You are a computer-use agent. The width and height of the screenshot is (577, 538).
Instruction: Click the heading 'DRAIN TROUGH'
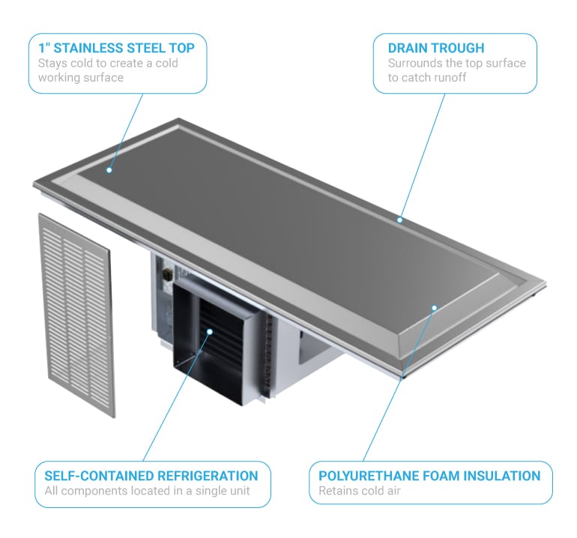pyautogui.click(x=436, y=48)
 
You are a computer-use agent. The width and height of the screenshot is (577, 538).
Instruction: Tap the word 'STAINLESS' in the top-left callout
pyautogui.click(x=88, y=48)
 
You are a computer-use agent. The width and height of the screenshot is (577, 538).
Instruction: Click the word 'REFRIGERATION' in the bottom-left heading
pyautogui.click(x=208, y=476)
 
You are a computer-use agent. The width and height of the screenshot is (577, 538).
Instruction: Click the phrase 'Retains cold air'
pyautogui.click(x=360, y=491)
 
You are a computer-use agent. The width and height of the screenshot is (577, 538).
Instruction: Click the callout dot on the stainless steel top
pyautogui.click(x=109, y=170)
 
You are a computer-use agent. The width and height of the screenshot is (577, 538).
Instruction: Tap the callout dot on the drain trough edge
pyautogui.click(x=400, y=220)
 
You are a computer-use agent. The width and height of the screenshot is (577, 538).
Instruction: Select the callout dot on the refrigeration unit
pyautogui.click(x=210, y=332)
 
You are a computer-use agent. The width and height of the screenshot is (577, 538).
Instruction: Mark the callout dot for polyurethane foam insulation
pyautogui.click(x=434, y=308)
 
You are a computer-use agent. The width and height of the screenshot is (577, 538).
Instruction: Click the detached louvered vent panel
pyautogui.click(x=76, y=315)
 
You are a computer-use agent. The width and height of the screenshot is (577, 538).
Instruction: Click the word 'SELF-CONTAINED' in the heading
pyautogui.click(x=99, y=476)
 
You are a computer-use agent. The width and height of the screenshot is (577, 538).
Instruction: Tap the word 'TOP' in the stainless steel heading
pyautogui.click(x=182, y=48)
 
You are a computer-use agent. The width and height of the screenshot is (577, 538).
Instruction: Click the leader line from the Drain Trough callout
pyautogui.click(x=423, y=157)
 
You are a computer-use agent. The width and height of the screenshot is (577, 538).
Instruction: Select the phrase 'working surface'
pyautogui.click(x=81, y=78)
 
